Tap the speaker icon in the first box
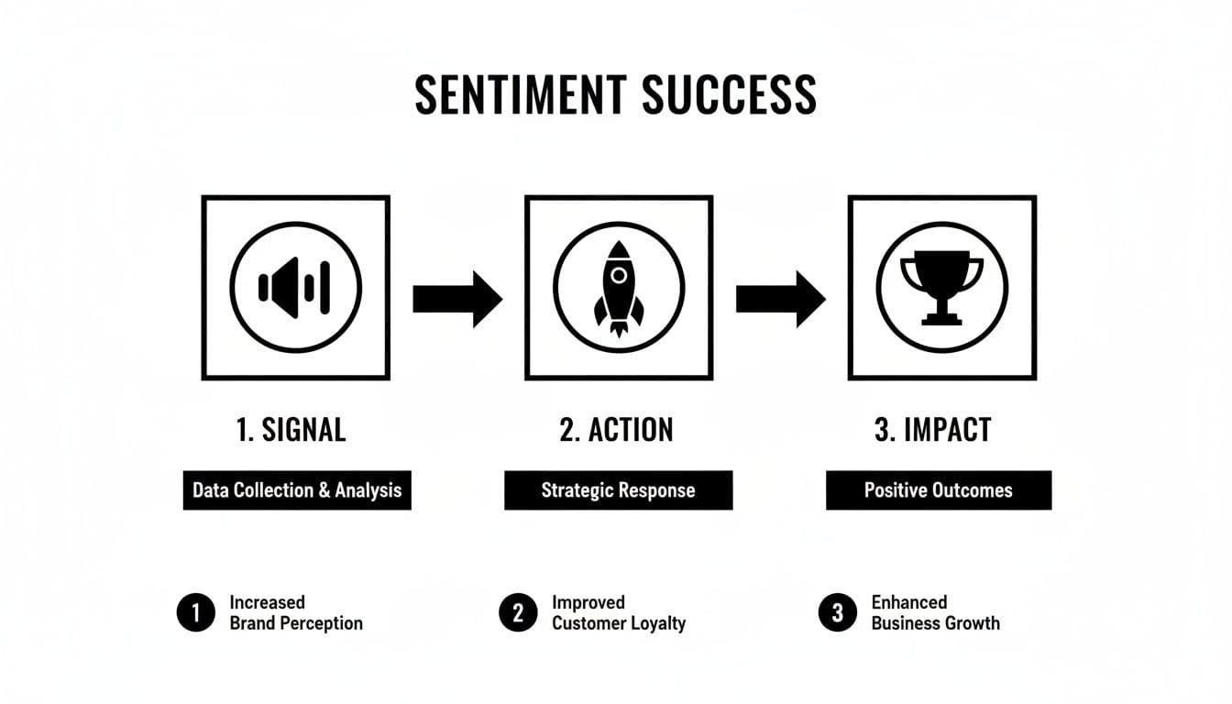click(x=295, y=288)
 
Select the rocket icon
click(x=619, y=287)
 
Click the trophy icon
click(x=941, y=287)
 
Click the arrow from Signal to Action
click(x=456, y=298)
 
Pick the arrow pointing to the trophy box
click(x=780, y=298)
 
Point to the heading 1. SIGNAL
click(x=291, y=430)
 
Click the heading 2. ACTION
click(x=616, y=430)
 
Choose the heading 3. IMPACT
click(x=933, y=430)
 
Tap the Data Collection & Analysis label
click(x=297, y=490)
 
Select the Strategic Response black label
click(x=618, y=490)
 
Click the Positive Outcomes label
click(x=939, y=490)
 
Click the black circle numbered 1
click(x=195, y=613)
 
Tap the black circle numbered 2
click(x=518, y=613)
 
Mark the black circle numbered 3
click(x=837, y=613)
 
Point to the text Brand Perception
click(x=296, y=623)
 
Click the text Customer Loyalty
click(x=619, y=623)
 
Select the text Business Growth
click(x=935, y=623)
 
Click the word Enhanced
click(x=908, y=602)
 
